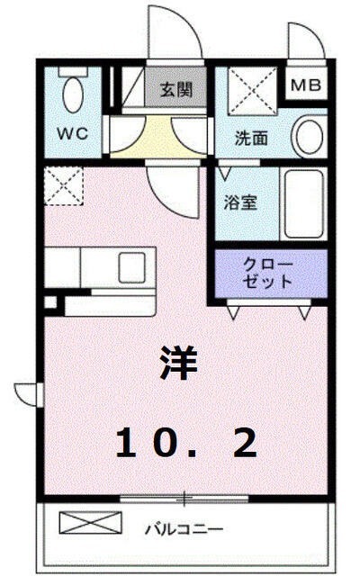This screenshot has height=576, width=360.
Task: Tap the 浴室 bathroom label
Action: [240, 202]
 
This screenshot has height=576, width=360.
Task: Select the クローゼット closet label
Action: [268, 272]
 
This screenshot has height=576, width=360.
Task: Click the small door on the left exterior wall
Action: [26, 393]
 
